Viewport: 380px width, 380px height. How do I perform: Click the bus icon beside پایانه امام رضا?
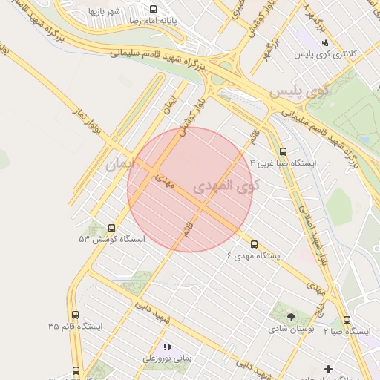153,10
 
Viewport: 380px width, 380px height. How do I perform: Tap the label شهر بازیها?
105,12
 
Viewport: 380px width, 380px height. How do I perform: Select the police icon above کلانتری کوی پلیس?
325,41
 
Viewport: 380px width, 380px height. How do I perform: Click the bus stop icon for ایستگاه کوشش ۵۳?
112,228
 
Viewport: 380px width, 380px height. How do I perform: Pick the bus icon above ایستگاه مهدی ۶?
255,243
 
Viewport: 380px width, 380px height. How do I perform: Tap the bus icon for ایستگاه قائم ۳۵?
75,315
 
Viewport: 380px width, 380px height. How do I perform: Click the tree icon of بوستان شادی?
290,318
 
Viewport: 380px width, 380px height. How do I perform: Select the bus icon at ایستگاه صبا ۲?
347,320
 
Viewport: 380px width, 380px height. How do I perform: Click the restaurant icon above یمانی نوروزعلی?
167,347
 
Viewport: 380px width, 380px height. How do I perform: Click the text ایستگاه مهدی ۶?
255,256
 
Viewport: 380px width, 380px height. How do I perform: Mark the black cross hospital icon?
328,369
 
